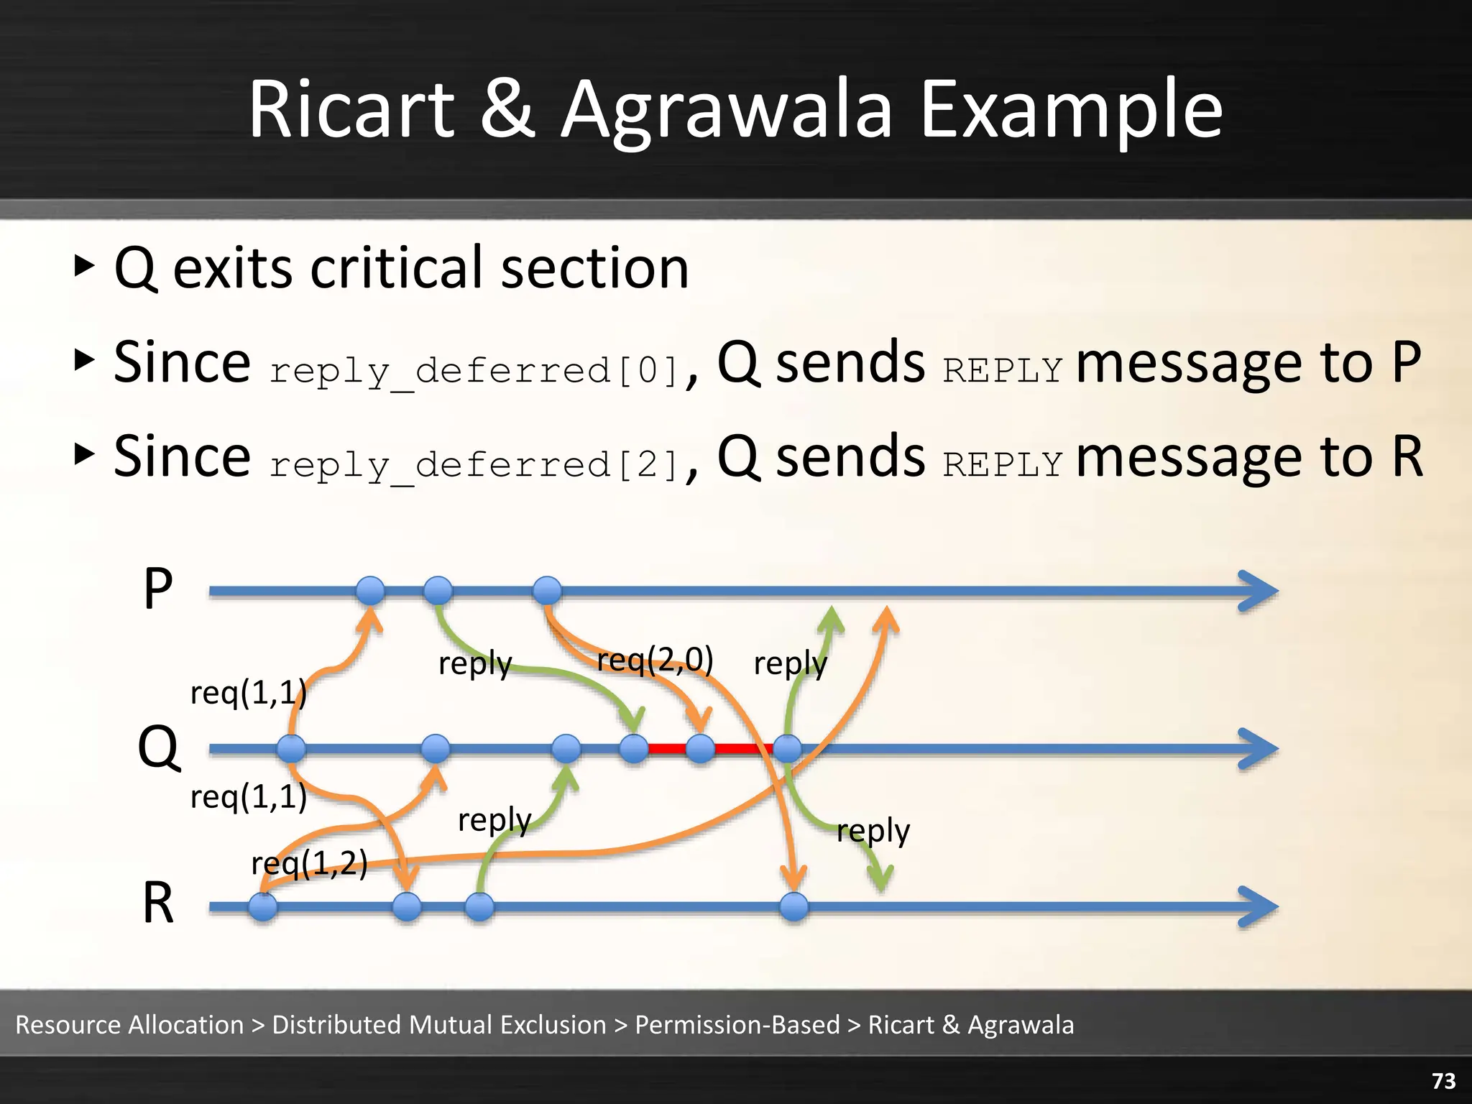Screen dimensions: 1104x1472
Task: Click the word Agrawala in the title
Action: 726,111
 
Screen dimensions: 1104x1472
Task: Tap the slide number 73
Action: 1443,1080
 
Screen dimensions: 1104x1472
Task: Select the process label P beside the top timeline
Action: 158,589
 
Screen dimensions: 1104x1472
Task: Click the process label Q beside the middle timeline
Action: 158,747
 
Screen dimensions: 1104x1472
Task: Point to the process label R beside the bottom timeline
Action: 158,903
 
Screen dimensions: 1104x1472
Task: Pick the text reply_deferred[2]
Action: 474,465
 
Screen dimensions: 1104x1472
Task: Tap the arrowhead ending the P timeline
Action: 1259,592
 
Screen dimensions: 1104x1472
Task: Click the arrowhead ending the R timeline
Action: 1259,907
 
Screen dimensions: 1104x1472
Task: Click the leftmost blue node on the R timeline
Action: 263,907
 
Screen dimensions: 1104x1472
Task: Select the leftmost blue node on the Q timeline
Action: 291,749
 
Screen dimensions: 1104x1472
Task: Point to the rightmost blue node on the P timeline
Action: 548,591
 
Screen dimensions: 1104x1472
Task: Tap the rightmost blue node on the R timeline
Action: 794,907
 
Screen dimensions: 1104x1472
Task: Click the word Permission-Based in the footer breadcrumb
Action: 737,1025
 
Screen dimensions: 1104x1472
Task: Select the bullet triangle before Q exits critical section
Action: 84,266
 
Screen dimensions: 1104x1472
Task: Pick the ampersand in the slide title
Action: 507,111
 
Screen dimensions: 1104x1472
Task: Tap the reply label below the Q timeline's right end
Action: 873,831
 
